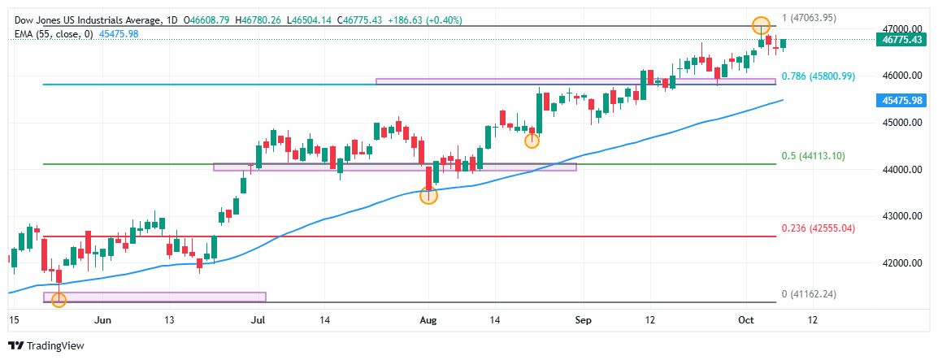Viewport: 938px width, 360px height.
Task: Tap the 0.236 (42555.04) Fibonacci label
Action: click(x=818, y=229)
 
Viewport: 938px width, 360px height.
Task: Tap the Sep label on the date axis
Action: click(x=581, y=320)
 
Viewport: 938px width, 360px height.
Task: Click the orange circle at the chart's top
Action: click(x=761, y=25)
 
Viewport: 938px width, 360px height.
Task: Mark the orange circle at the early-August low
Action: click(x=428, y=195)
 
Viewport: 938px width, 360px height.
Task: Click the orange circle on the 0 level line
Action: click(x=59, y=301)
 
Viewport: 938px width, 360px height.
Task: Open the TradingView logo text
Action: click(x=54, y=346)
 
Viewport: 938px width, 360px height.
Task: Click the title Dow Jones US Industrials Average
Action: click(x=88, y=20)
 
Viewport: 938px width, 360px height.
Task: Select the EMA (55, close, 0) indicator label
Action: click(x=55, y=33)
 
